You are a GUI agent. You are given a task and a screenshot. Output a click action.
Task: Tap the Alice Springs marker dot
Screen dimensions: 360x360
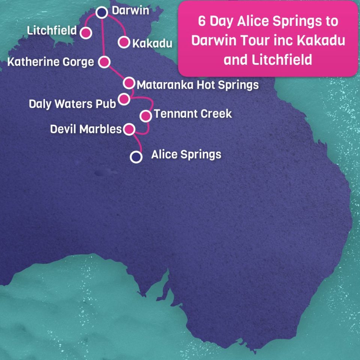coord(136,157)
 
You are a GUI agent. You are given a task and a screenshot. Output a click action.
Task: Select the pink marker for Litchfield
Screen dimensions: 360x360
coord(86,33)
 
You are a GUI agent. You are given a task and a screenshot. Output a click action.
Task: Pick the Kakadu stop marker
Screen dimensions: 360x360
coord(124,42)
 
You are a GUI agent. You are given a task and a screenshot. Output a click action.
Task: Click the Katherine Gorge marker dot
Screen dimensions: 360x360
coord(104,62)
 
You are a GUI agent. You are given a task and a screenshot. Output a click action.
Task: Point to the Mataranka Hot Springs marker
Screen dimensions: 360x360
coord(129,83)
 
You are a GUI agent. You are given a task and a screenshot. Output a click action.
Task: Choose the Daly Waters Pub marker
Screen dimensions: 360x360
coord(124,99)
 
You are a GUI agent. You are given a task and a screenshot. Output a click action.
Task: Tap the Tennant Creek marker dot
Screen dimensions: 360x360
coord(145,116)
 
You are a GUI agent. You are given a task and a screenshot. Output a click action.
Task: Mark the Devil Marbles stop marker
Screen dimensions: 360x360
coord(129,129)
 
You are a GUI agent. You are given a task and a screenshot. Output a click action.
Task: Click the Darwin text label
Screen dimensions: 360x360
coord(130,11)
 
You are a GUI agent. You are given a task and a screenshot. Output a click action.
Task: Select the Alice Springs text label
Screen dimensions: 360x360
coord(186,154)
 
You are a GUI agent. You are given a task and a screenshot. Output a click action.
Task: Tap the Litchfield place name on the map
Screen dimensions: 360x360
coord(52,30)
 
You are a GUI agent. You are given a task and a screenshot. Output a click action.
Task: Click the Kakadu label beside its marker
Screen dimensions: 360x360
coord(152,43)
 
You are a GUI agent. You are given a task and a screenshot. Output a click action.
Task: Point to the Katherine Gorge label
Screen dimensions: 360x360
coord(51,61)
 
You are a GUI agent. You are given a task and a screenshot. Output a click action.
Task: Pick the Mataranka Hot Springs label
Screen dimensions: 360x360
coord(198,85)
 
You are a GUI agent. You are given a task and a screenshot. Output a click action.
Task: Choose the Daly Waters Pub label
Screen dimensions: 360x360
coord(72,103)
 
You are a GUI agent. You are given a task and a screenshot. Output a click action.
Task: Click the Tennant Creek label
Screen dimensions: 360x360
coord(193,114)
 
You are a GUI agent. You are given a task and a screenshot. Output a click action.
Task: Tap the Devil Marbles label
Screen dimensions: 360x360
coord(86,129)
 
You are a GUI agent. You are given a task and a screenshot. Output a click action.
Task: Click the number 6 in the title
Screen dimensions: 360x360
coord(202,21)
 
